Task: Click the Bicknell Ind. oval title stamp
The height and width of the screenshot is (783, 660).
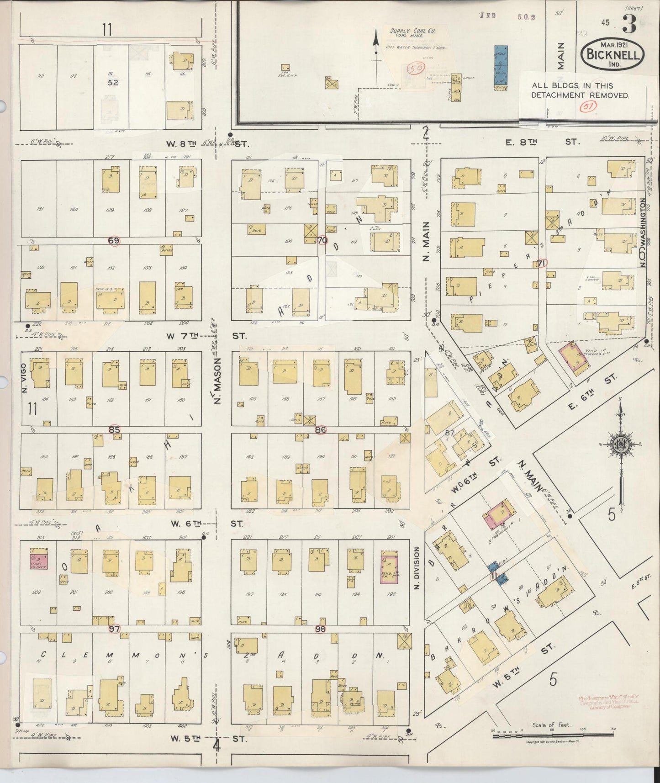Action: (x=612, y=54)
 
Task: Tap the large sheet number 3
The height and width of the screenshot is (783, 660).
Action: (x=629, y=26)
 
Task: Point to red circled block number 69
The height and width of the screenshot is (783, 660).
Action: (x=114, y=240)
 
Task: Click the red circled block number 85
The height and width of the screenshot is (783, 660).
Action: (x=114, y=429)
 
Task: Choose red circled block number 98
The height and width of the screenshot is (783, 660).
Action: (x=320, y=629)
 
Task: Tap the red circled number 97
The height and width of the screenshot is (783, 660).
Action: (x=114, y=629)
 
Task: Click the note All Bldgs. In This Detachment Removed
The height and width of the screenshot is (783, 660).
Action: (x=580, y=90)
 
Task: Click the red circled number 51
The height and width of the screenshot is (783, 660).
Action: (x=585, y=107)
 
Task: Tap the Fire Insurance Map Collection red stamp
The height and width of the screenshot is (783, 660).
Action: (x=608, y=702)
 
